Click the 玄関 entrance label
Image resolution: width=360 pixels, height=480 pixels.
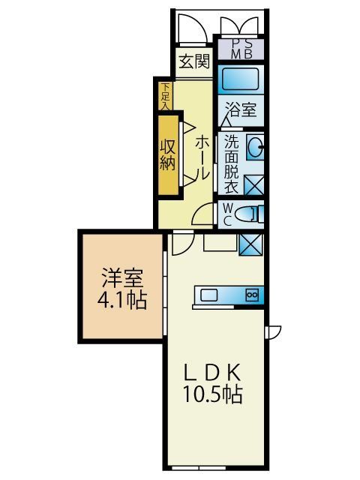point(194,61)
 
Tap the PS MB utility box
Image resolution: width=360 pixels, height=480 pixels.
point(240,49)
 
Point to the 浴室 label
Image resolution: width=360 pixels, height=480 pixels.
point(241,109)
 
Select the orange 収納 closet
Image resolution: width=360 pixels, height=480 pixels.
point(167,154)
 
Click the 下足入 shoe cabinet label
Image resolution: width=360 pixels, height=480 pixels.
point(164,96)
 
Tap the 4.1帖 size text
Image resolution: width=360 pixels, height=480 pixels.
point(121,302)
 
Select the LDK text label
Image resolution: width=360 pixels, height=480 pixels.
point(212,372)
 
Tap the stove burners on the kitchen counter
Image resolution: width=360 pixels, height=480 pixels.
point(251,295)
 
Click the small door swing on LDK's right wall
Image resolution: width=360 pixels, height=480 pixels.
point(274,331)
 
